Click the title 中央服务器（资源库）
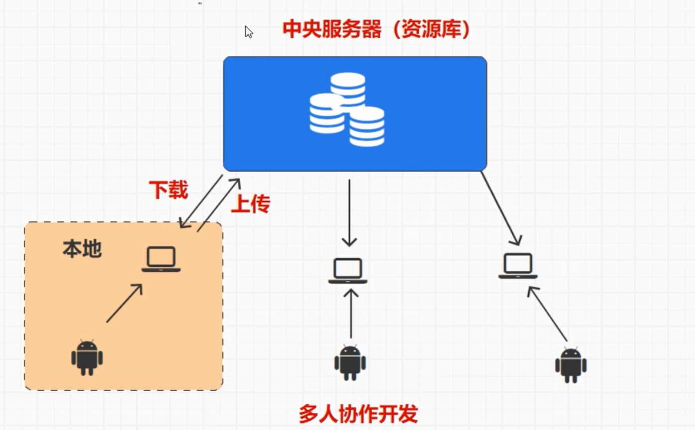376,30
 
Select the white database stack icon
347,109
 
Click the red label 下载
168,190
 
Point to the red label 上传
250,204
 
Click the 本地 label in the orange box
82,249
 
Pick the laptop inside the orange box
161,259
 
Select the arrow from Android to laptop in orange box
124,303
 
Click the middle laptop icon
347,271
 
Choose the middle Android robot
350,363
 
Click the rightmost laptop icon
518,266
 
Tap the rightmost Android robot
571,365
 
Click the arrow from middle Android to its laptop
351,314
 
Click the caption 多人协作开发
358,414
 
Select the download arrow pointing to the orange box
201,202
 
